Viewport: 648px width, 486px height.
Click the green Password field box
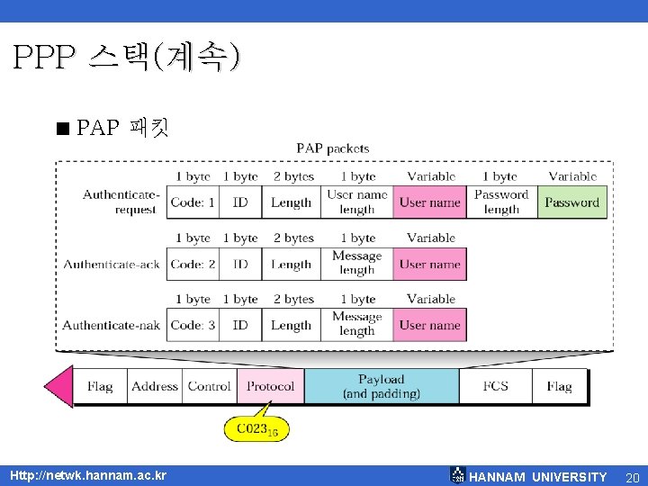click(571, 202)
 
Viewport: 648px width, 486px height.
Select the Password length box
click(501, 202)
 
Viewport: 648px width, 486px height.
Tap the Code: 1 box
click(193, 202)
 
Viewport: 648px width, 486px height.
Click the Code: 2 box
click(193, 265)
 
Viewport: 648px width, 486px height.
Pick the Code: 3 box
click(193, 325)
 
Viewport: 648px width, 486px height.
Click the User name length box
click(356, 202)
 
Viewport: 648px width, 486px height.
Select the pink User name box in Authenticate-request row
click(429, 202)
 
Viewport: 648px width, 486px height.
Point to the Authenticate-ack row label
click(112, 265)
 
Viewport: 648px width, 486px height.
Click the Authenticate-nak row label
click(111, 325)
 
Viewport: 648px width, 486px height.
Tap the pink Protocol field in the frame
click(270, 386)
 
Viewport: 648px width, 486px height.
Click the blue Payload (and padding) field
click(382, 386)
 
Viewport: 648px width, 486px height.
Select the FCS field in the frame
click(495, 386)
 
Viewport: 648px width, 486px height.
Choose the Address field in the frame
click(155, 386)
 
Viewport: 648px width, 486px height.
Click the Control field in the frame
click(210, 386)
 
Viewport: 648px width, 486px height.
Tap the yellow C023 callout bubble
click(256, 429)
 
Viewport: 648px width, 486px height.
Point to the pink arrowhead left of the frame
click(58, 386)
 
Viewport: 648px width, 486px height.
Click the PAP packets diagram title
click(332, 148)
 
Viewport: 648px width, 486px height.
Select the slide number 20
click(632, 477)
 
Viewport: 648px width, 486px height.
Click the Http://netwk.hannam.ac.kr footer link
click(87, 475)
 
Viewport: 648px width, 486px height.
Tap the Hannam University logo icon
click(458, 475)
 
